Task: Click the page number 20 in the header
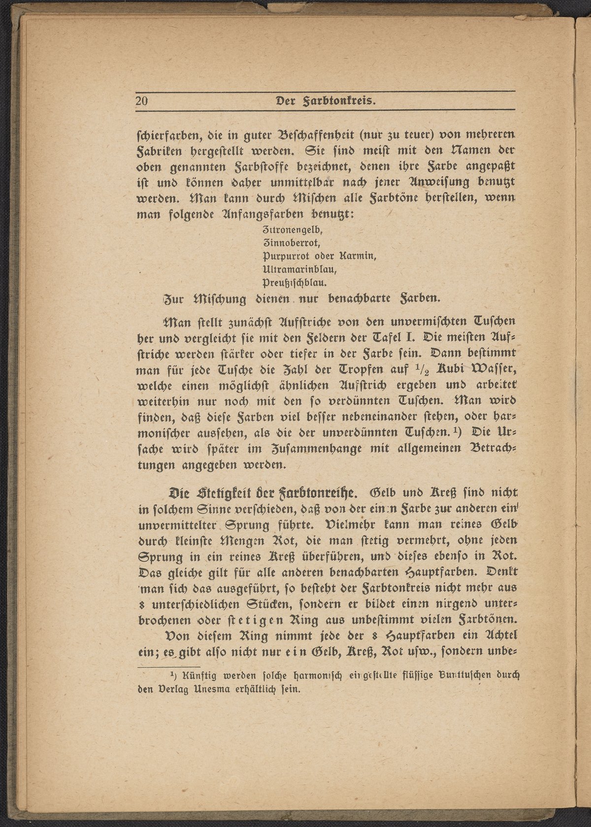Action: pyautogui.click(x=142, y=101)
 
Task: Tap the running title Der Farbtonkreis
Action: pyautogui.click(x=326, y=101)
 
